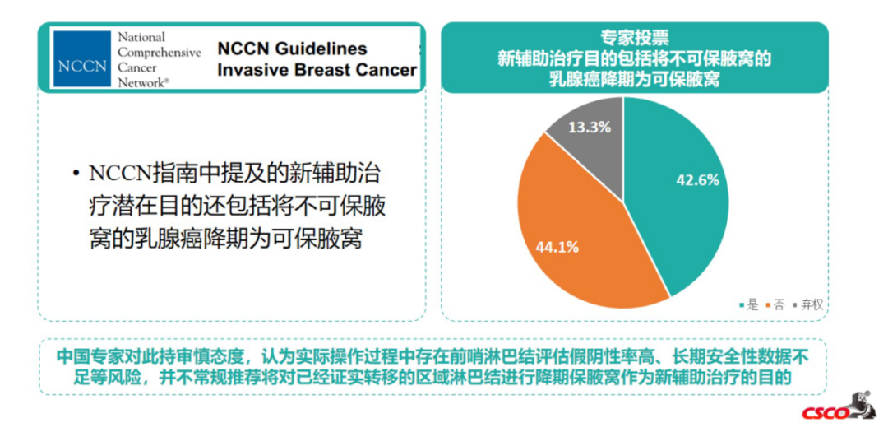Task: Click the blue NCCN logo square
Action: pyautogui.click(x=81, y=59)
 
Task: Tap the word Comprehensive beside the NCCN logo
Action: pyautogui.click(x=159, y=52)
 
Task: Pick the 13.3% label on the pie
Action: pyautogui.click(x=589, y=128)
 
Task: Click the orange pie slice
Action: pyautogui.click(x=576, y=239)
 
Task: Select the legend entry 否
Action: pyautogui.click(x=775, y=304)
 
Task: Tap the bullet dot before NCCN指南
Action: pyautogui.click(x=76, y=174)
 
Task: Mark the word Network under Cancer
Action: pyautogui.click(x=143, y=83)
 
